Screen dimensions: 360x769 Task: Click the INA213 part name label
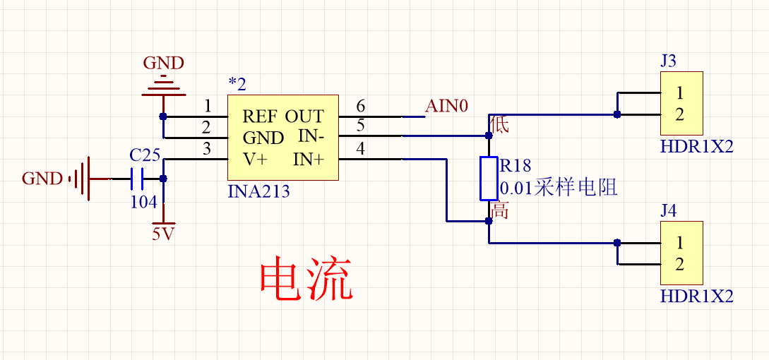click(258, 191)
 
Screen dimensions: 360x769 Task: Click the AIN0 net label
click(446, 107)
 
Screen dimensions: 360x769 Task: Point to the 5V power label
click(163, 234)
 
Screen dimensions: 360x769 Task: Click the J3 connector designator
click(668, 61)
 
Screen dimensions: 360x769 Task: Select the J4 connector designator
click(668, 211)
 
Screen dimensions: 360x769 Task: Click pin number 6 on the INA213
click(361, 107)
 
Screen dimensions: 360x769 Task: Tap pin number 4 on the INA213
click(361, 149)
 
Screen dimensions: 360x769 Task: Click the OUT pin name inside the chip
click(304, 116)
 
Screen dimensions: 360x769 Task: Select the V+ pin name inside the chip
click(255, 160)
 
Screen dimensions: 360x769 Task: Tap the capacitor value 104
click(144, 202)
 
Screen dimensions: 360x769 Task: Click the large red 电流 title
click(305, 280)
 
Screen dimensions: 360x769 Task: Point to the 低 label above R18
click(500, 125)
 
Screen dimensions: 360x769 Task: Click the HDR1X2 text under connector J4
click(696, 296)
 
